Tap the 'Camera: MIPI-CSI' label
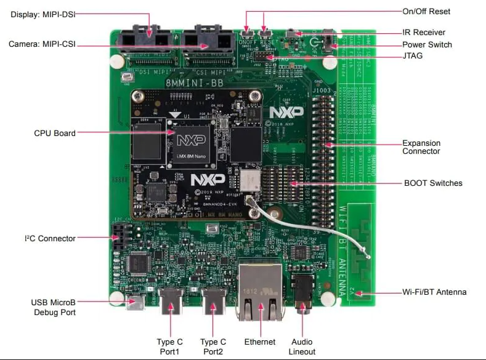(x=41, y=44)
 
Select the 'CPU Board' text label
(x=55, y=133)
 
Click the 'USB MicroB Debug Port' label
(x=54, y=308)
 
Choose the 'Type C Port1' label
(x=169, y=346)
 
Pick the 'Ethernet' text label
(x=260, y=342)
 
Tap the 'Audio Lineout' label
(x=302, y=346)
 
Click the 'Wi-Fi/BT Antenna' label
(x=434, y=292)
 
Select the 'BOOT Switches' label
(x=433, y=183)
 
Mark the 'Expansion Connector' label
(x=421, y=147)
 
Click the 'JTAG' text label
(x=412, y=56)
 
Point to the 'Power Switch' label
(x=427, y=44)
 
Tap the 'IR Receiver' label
(x=424, y=32)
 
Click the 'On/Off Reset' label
(x=426, y=11)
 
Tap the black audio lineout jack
(x=303, y=290)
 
